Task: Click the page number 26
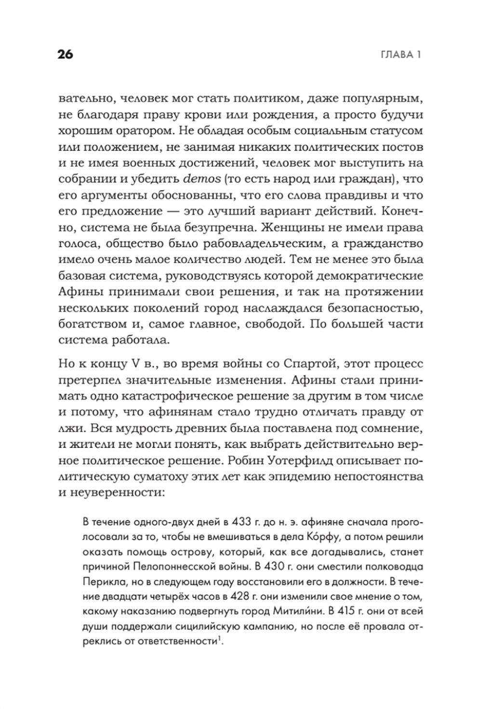click(x=65, y=55)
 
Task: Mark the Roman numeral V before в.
click(x=125, y=363)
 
